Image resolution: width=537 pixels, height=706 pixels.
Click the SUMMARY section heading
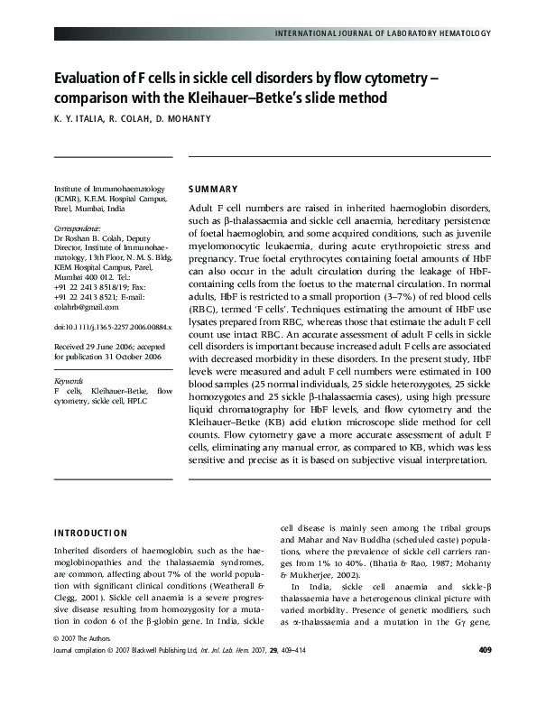coord(213,190)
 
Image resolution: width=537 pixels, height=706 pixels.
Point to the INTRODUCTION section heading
coord(91,533)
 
